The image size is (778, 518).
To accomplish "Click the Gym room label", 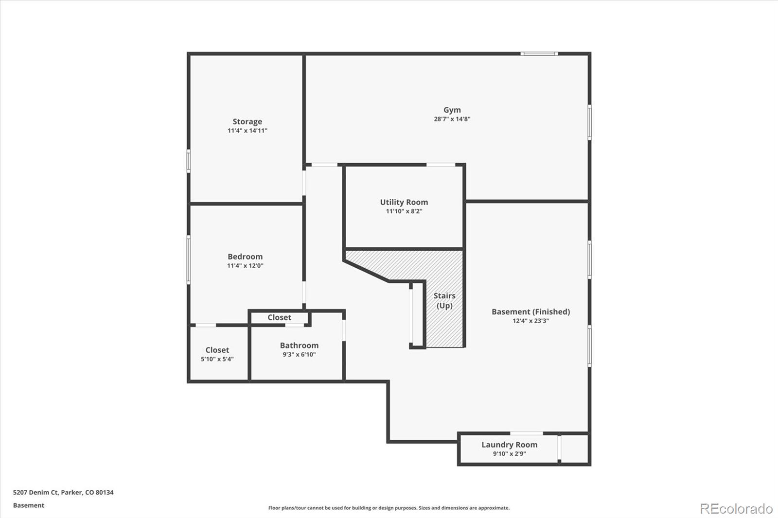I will (452, 110).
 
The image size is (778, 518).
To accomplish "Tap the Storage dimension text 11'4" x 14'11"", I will (247, 131).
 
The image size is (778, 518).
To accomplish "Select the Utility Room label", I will (404, 202).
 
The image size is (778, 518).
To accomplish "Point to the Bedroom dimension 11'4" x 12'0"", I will (245, 266).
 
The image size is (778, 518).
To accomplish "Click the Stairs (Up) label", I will (444, 300).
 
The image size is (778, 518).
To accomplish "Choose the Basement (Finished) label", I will (530, 311).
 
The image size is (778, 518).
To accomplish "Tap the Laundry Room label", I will (509, 445).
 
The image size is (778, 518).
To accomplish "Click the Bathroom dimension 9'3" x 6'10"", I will (299, 355).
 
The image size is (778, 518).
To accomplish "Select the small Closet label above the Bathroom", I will (279, 317).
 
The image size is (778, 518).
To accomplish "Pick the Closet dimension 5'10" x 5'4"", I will (217, 359).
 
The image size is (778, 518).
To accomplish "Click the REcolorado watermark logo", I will (736, 509).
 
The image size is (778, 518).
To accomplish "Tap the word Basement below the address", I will (29, 505).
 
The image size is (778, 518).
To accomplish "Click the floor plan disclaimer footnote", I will (389, 508).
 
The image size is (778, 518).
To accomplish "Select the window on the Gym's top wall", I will (539, 53).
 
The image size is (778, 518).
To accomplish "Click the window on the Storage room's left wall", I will (189, 161).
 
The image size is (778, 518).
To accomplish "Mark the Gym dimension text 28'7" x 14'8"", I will (452, 119).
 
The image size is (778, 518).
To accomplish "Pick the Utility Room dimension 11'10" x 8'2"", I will (404, 211).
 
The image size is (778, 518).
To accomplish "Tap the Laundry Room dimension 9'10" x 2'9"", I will (509, 454).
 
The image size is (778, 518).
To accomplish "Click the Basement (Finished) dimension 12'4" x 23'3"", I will (530, 321).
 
